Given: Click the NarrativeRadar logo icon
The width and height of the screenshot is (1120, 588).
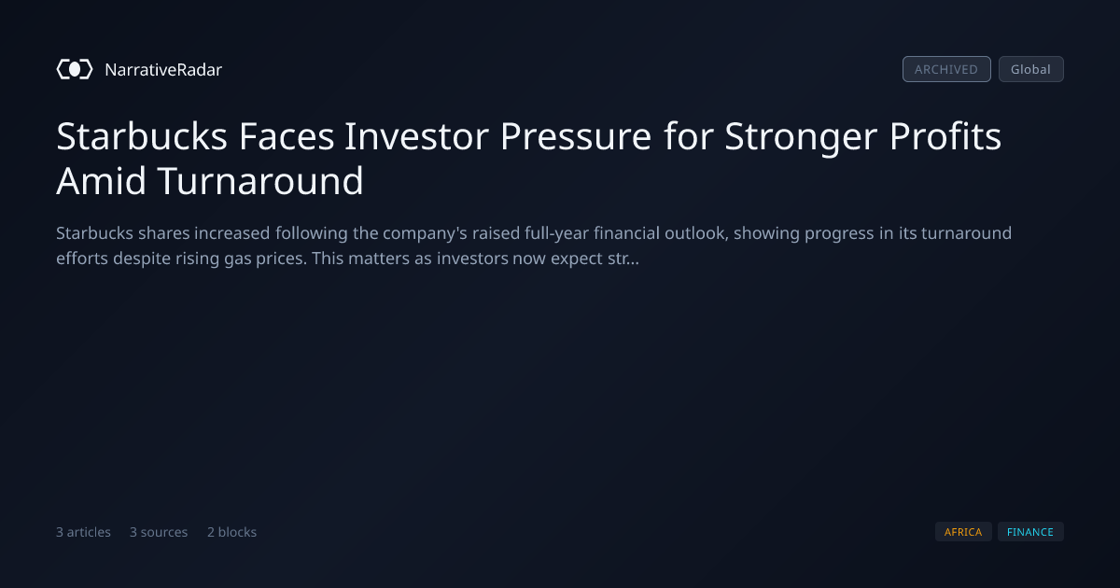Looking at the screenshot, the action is [x=75, y=69].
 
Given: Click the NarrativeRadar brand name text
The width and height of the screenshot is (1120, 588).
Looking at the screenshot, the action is [x=163, y=70].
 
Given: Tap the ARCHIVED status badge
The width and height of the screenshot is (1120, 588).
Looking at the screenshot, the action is [x=946, y=69].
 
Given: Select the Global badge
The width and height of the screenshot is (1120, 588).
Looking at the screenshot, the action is [x=1031, y=69].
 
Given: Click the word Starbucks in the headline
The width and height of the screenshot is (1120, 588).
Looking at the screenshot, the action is [x=142, y=136].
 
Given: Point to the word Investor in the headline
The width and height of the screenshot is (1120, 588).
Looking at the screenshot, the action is [x=416, y=136].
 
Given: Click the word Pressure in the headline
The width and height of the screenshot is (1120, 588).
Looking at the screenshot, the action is [x=576, y=136].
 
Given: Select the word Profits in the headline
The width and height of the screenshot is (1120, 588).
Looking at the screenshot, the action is [x=945, y=136].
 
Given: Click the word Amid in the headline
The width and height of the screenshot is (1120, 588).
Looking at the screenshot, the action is [x=102, y=181].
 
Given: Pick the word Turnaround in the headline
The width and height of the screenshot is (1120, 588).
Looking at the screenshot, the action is [x=260, y=181].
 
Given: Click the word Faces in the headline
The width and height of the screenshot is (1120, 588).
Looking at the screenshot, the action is [x=287, y=136].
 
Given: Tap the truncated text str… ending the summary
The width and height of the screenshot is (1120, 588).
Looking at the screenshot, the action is [x=623, y=259].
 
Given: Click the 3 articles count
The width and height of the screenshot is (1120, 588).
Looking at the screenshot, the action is [x=83, y=532].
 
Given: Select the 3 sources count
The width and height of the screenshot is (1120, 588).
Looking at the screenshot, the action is [x=159, y=532].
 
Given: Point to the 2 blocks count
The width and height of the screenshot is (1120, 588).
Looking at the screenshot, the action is [x=232, y=532].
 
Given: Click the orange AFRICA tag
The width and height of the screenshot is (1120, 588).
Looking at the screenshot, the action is [x=963, y=532].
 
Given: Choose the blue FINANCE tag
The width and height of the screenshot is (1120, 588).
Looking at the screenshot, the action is [x=1030, y=532].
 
